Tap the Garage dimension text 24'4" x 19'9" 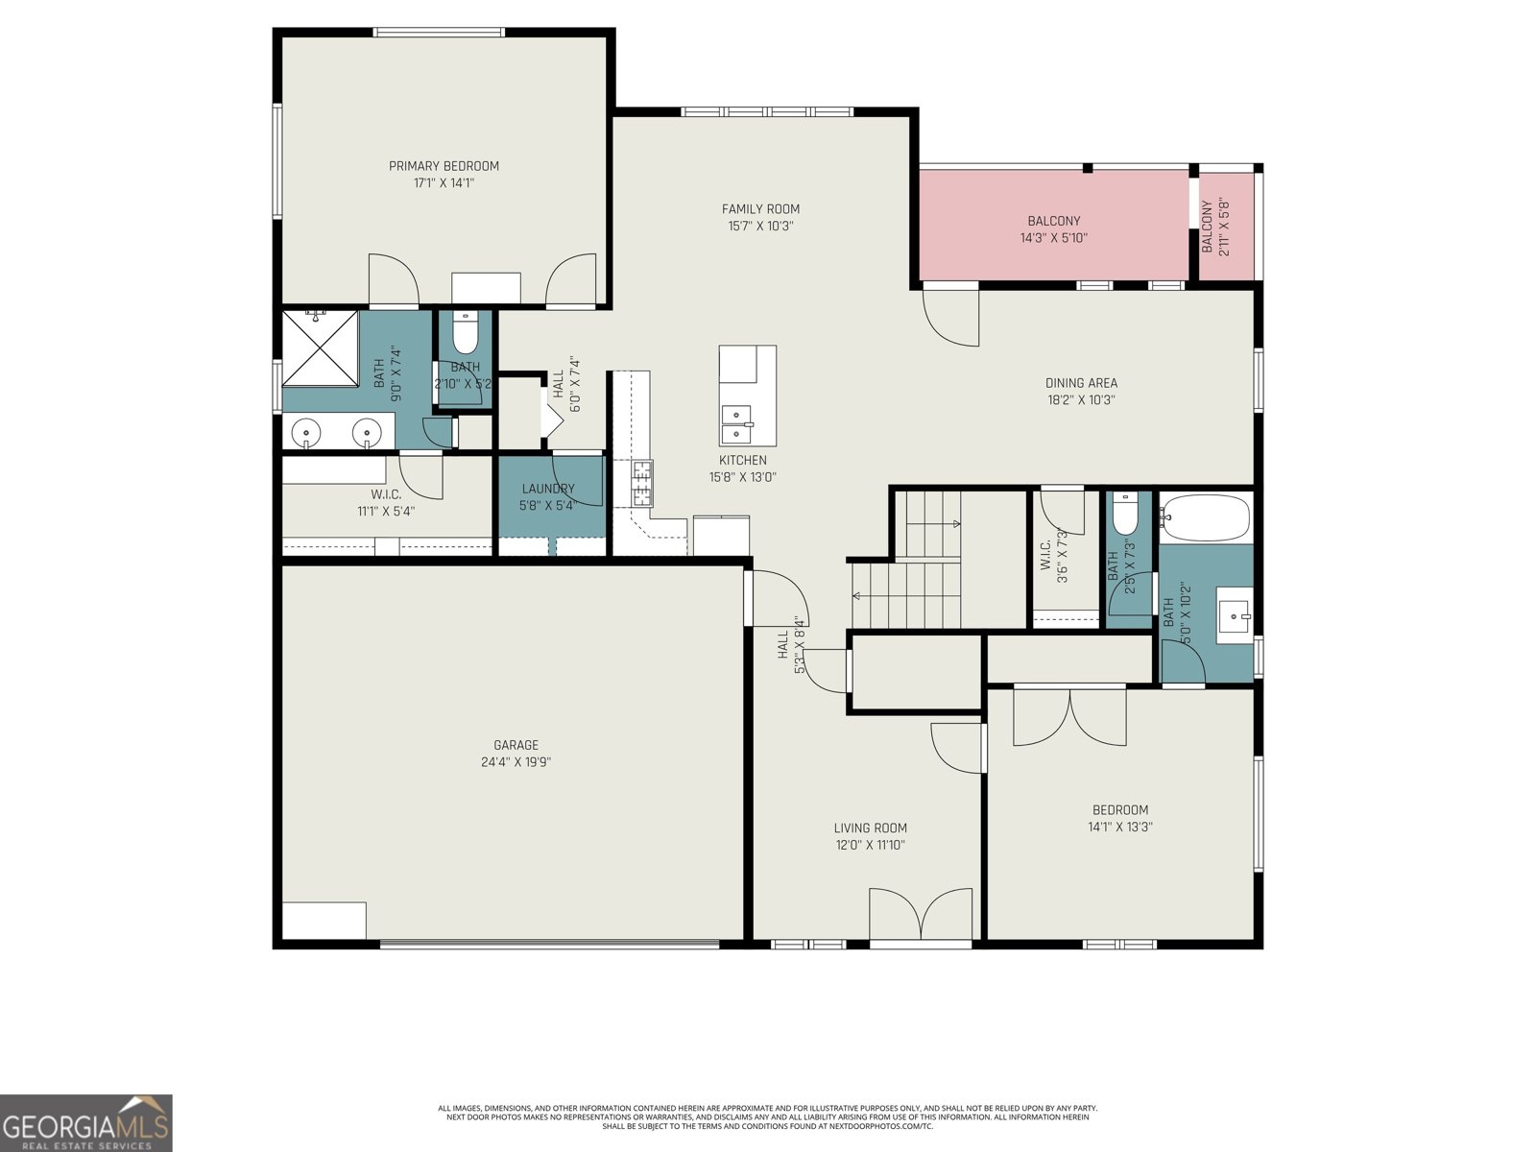pos(516,762)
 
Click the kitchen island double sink pos(736,416)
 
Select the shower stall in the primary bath pos(320,347)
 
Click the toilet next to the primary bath pos(465,332)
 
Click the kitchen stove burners pos(641,483)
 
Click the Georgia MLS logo pos(86,1123)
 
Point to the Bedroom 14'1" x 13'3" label pos(1119,818)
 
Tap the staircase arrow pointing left pos(857,596)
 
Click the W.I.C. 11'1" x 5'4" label pos(386,503)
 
